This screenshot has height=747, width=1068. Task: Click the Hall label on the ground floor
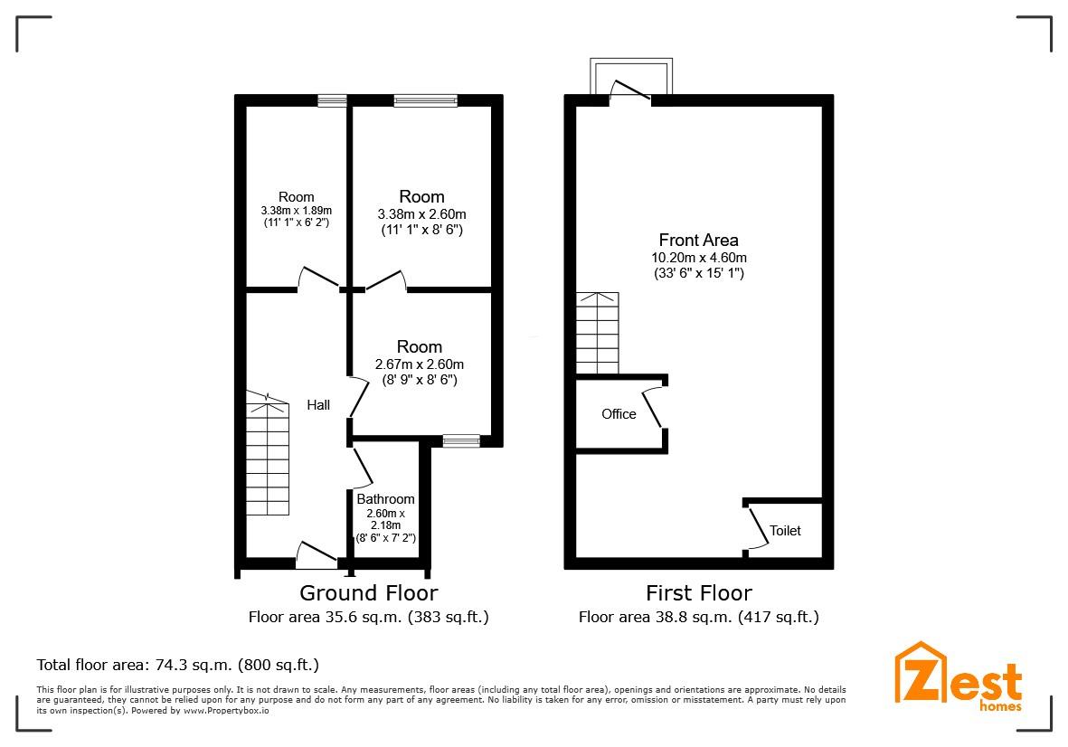[318, 405]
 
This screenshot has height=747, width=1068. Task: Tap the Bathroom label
[385, 499]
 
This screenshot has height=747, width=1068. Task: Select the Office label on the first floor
[619, 414]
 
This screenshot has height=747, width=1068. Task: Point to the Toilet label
[785, 531]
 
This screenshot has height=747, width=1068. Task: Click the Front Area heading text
[699, 240]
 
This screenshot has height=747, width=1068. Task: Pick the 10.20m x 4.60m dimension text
[699, 258]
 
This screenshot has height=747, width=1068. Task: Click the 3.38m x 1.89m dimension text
[297, 211]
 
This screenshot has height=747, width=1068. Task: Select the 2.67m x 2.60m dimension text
[420, 364]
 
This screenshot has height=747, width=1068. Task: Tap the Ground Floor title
[368, 592]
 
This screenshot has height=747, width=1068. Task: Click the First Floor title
[699, 592]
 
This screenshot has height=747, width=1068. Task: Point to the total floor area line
[178, 665]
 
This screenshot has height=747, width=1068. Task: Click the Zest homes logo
[959, 676]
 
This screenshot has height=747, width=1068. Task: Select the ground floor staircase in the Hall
[268, 453]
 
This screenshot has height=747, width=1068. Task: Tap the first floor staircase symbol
[598, 333]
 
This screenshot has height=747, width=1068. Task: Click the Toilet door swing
[756, 525]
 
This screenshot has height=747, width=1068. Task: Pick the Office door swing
[653, 408]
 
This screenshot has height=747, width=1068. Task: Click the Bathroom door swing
[361, 467]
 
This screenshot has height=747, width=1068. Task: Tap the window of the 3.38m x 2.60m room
[426, 100]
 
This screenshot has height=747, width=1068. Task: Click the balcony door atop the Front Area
[630, 91]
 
